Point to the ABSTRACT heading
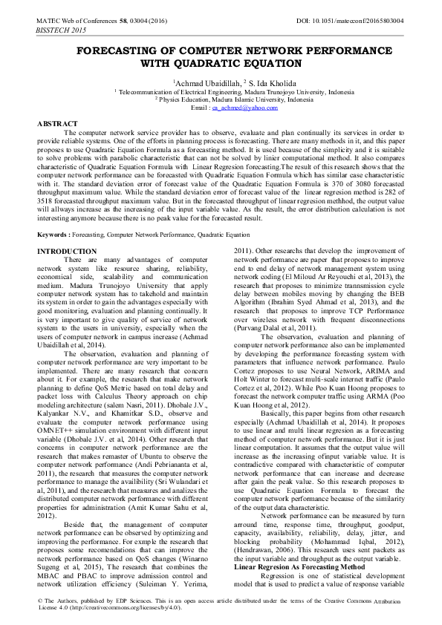click(57, 123)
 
